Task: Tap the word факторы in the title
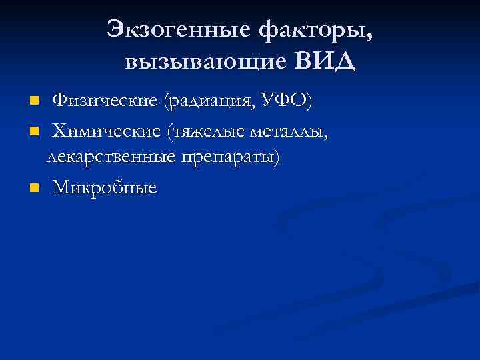(x=312, y=29)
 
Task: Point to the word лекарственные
(x=109, y=157)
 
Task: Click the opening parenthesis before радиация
(x=163, y=101)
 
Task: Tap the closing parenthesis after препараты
(x=278, y=157)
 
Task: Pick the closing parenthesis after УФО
(x=309, y=101)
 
